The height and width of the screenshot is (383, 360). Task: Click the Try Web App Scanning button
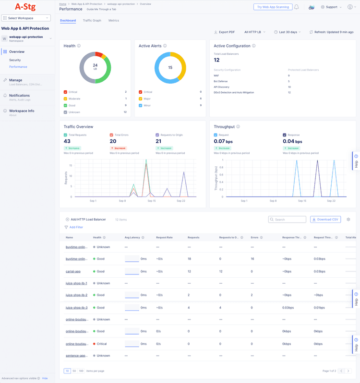point(273,7)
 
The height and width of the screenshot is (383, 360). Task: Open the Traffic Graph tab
point(92,21)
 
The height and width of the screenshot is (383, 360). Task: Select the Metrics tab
point(114,21)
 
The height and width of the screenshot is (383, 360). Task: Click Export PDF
point(225,32)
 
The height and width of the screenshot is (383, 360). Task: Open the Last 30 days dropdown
point(288,32)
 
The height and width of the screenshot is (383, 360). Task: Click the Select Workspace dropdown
point(26,18)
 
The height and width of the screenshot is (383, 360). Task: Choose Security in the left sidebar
point(15,60)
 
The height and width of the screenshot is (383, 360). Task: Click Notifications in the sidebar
point(19,95)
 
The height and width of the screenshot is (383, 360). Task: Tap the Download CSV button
point(325,219)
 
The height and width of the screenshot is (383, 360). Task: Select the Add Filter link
point(76,227)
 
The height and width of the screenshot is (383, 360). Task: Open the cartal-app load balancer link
point(73,272)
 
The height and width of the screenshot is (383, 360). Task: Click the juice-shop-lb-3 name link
point(76,308)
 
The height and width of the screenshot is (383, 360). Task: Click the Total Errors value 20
point(113,141)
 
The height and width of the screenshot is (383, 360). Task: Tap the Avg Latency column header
point(132,237)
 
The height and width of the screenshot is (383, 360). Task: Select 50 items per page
point(74,371)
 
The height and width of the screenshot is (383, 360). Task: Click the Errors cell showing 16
point(252,259)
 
